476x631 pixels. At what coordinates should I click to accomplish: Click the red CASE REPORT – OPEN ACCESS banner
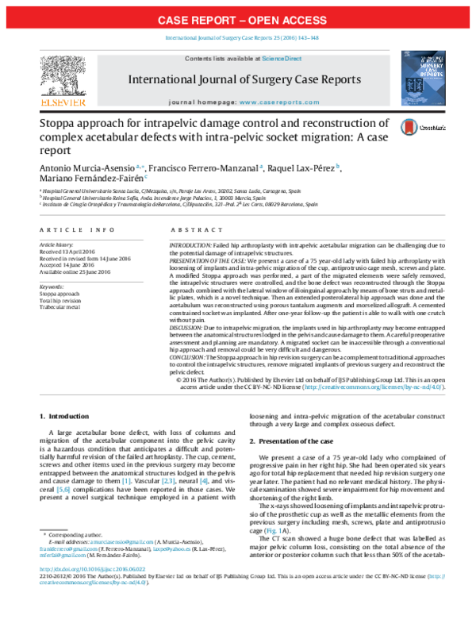click(238, 18)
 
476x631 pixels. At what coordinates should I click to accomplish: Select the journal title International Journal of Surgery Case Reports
click(244, 79)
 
